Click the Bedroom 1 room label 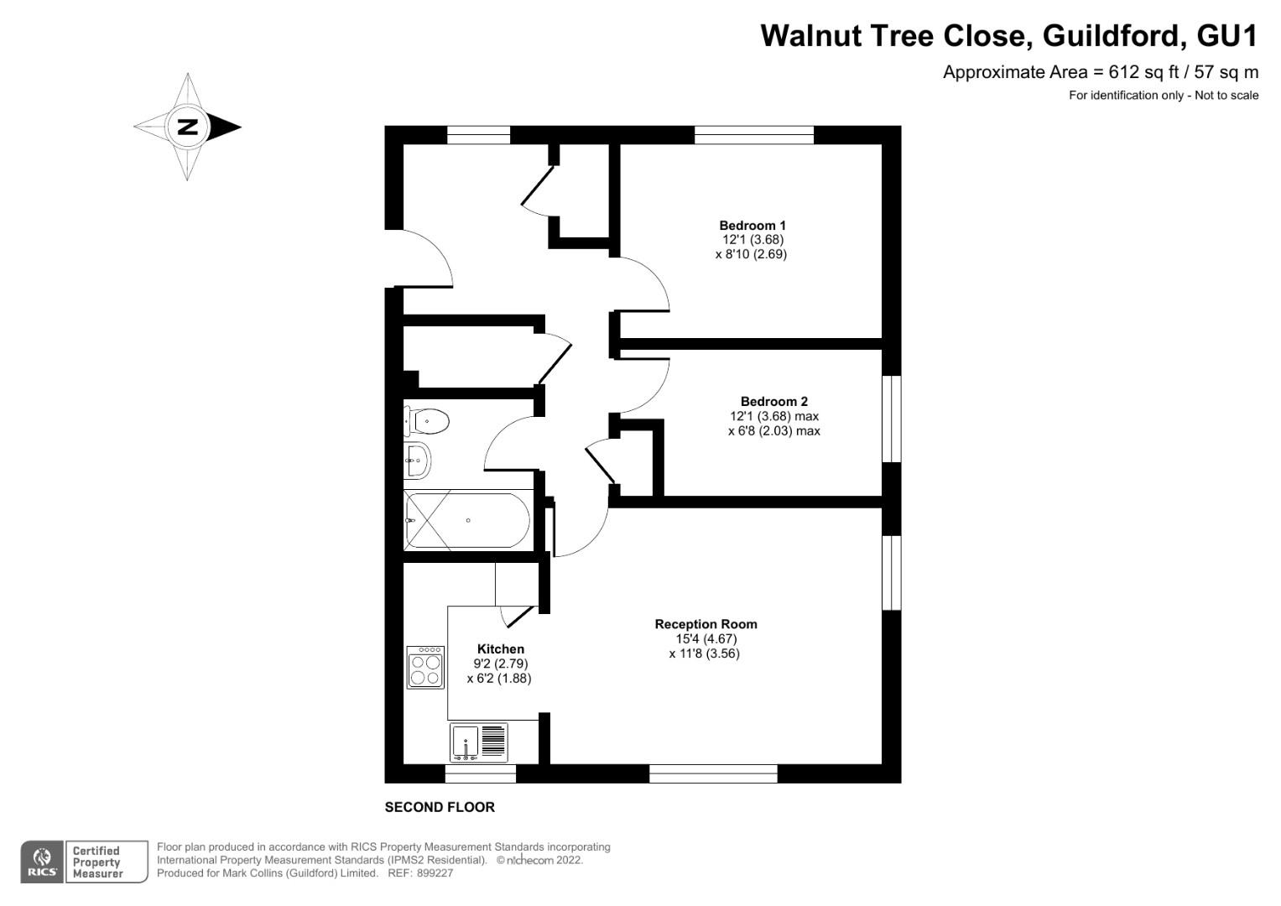click(x=752, y=225)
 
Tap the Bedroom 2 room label click(x=773, y=401)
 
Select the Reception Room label click(x=706, y=624)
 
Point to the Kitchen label click(x=500, y=648)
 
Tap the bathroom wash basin click(x=418, y=459)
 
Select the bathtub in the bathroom click(x=467, y=520)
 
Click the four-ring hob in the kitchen click(x=425, y=667)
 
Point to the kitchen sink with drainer click(x=479, y=742)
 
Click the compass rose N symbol click(x=188, y=128)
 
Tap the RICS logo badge click(x=41, y=862)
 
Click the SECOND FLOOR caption click(x=440, y=807)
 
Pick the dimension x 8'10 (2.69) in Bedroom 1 click(x=751, y=253)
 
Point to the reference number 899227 click(x=435, y=872)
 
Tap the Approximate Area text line click(x=1100, y=72)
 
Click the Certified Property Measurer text click(x=97, y=862)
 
